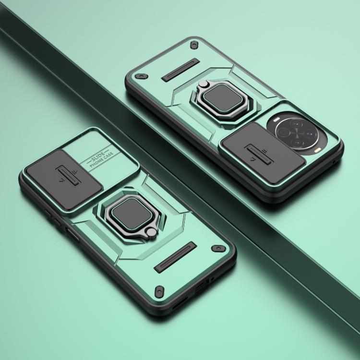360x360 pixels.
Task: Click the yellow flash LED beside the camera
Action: point(318,151)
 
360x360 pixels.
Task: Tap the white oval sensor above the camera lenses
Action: point(276,119)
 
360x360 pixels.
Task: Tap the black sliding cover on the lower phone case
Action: point(64,180)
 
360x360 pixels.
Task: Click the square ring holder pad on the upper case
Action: point(222,99)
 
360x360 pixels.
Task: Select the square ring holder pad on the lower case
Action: point(132,214)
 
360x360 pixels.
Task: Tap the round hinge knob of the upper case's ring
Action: point(203,84)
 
